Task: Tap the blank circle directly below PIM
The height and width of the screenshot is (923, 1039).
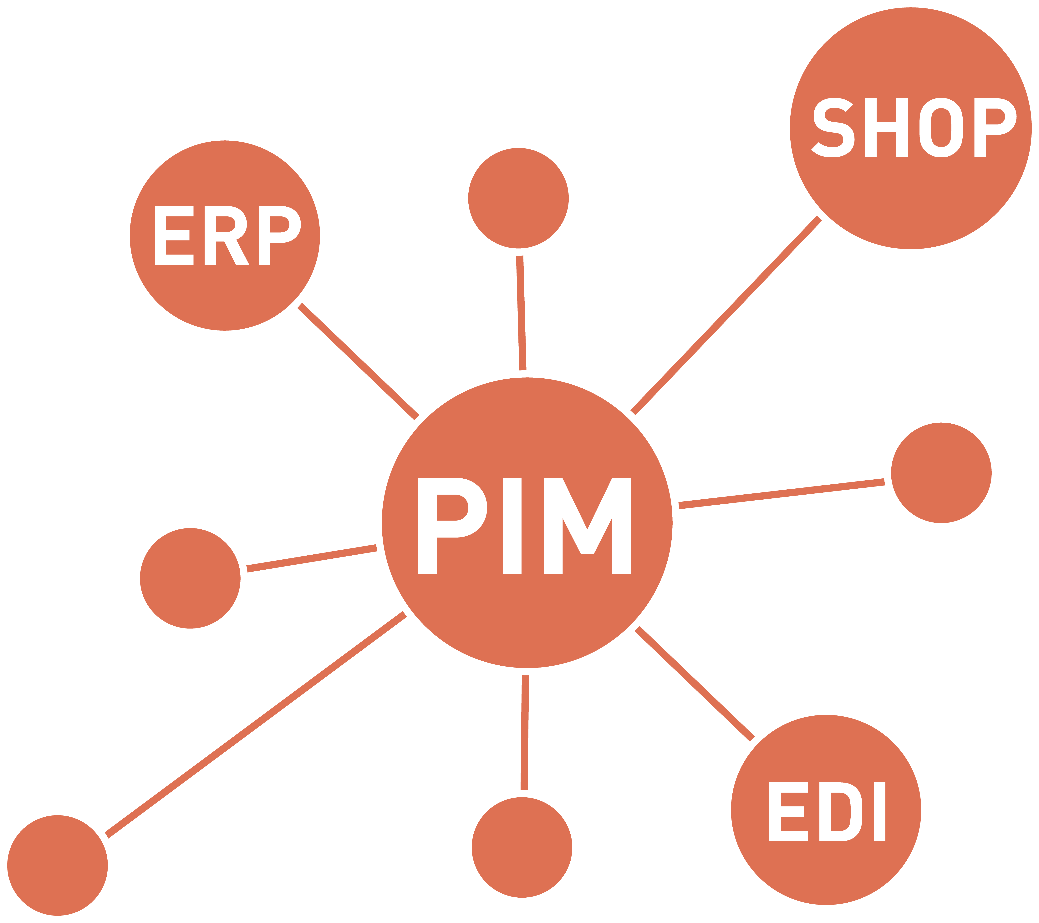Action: (522, 847)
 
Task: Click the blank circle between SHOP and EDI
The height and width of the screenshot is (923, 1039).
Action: (941, 473)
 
